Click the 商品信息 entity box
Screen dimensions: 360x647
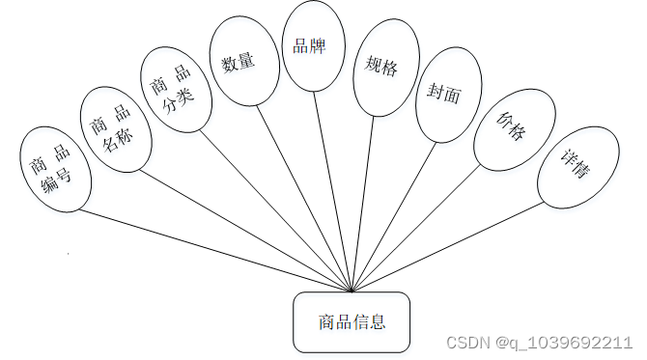[x=352, y=321]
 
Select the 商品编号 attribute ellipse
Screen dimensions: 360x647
[x=55, y=170]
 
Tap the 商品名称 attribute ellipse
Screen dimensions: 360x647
[x=114, y=129]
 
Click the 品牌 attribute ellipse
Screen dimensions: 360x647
[x=313, y=46]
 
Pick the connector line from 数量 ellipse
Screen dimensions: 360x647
[x=299, y=194]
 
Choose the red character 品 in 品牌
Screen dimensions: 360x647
[x=301, y=45]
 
